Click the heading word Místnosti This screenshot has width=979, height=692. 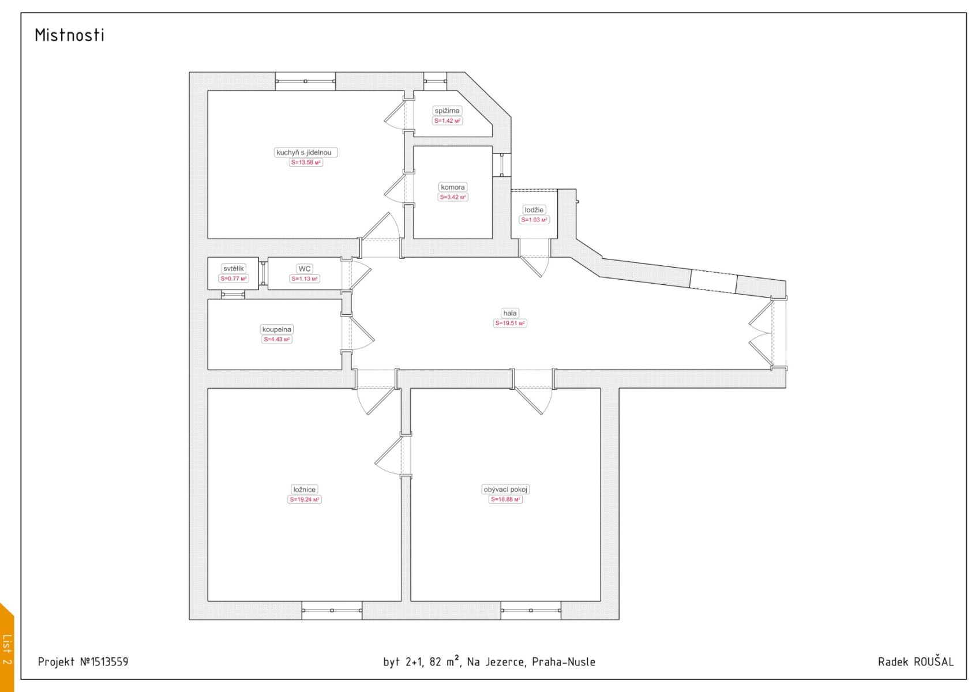pyautogui.click(x=69, y=35)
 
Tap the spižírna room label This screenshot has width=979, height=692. pyautogui.click(x=447, y=111)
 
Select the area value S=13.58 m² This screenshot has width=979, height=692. pyautogui.click(x=306, y=163)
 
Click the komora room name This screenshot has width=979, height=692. pyautogui.click(x=452, y=187)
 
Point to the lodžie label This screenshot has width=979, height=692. pyautogui.click(x=534, y=210)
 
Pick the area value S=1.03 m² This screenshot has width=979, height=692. pyautogui.click(x=534, y=220)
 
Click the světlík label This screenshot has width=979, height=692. pyautogui.click(x=234, y=268)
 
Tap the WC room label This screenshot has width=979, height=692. pyautogui.click(x=304, y=269)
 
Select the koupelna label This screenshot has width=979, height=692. pyautogui.click(x=276, y=329)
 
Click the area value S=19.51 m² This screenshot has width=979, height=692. pyautogui.click(x=509, y=324)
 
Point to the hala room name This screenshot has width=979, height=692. pyautogui.click(x=509, y=313)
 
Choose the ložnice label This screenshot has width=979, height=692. pyautogui.click(x=304, y=489)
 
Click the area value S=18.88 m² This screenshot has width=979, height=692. pyautogui.click(x=505, y=499)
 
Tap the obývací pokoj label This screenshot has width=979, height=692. pyautogui.click(x=505, y=489)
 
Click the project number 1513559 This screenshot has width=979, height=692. pyautogui.click(x=109, y=662)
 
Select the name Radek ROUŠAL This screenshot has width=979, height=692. pyautogui.click(x=916, y=661)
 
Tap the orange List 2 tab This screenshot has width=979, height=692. pyautogui.click(x=6, y=648)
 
